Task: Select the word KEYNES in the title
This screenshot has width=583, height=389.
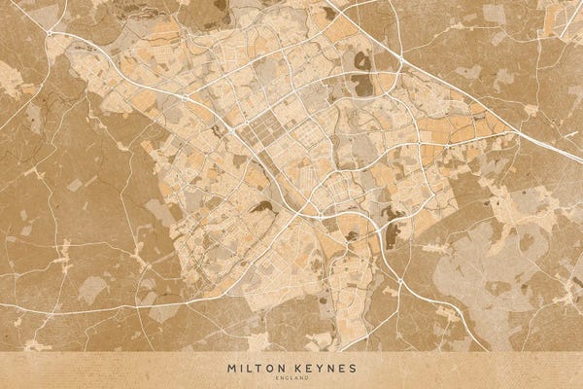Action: tap(322, 369)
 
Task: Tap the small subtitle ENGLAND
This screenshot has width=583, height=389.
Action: tap(291, 378)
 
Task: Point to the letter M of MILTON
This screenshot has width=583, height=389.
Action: tap(231, 369)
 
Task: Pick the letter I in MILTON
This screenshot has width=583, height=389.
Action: tap(241, 369)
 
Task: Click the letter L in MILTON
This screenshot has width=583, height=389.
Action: tap(249, 369)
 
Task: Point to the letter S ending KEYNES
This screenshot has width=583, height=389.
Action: tap(352, 369)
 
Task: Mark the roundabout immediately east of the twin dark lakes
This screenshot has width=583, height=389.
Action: tap(399, 63)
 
